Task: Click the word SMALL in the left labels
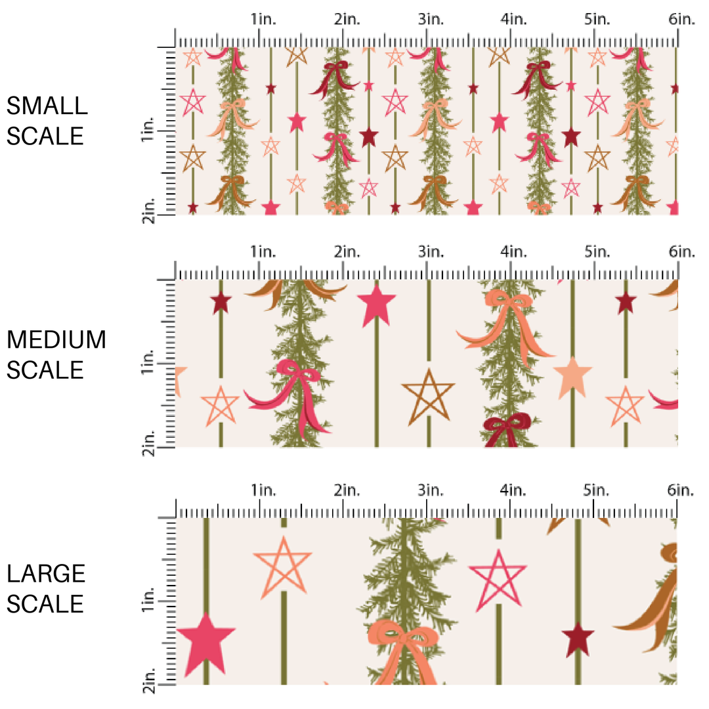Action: coord(47,106)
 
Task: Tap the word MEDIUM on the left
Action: coord(56,340)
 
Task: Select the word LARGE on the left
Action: coord(47,574)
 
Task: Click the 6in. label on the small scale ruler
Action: coord(681,19)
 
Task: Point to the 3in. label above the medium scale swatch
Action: coord(431,252)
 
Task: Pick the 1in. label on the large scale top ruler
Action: coord(263,490)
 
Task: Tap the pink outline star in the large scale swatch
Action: coord(498,578)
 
